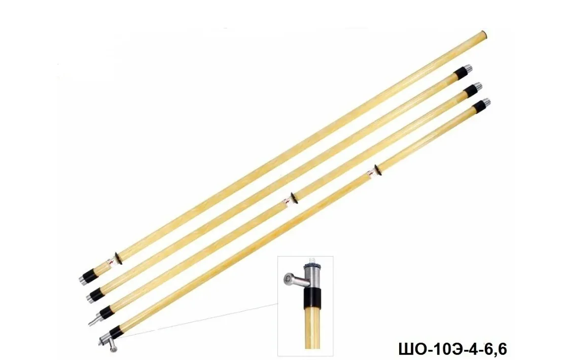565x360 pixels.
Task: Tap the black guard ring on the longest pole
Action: point(118,258)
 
